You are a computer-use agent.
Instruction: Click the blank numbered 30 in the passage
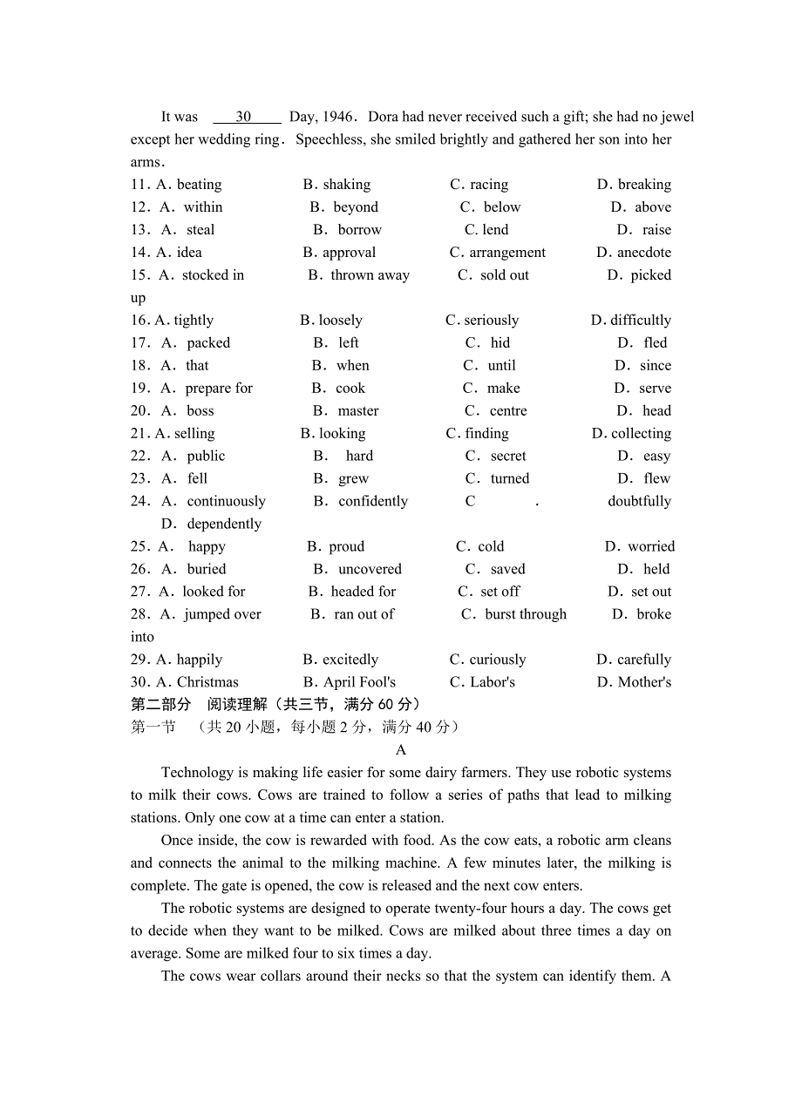coord(244,117)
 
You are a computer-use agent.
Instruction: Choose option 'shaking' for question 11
coord(346,185)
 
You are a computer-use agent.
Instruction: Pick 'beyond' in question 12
coord(356,207)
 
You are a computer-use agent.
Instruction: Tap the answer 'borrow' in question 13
coord(359,230)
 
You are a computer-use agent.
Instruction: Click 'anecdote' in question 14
coord(644,253)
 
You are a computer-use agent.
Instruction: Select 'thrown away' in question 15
coord(370,275)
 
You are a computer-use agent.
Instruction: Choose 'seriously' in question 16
coord(491,321)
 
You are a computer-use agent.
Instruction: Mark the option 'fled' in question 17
coord(655,343)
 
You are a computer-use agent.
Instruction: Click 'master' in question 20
coord(358,411)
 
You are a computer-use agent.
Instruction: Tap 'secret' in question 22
coord(508,457)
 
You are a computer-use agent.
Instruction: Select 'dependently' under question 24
coord(224,525)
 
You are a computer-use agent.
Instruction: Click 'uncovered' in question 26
coord(370,570)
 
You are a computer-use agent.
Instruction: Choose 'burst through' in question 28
coord(526,615)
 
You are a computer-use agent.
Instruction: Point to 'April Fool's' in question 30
coord(359,683)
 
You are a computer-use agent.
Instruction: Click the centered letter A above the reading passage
coord(401,750)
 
